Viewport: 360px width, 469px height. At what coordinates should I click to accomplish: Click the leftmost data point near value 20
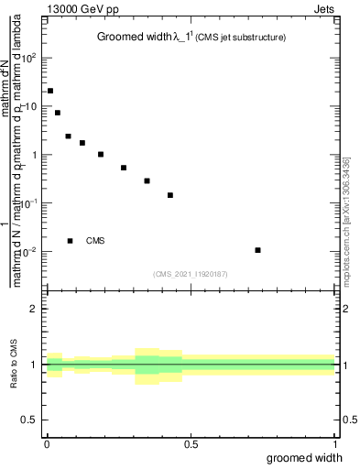pyautogui.click(x=50, y=91)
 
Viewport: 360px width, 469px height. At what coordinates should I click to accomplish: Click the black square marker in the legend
pyautogui.click(x=71, y=241)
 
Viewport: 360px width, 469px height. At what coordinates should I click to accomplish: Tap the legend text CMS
pyautogui.click(x=95, y=241)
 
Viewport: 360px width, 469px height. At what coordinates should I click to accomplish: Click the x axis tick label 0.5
pyautogui.click(x=191, y=444)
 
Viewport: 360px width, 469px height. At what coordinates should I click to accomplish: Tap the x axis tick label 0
pyautogui.click(x=47, y=444)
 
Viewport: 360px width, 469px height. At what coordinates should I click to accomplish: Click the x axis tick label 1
pyautogui.click(x=335, y=444)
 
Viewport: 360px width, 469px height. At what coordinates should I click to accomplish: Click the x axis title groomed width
pyautogui.click(x=305, y=457)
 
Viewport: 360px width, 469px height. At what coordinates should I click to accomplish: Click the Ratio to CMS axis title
pyautogui.click(x=16, y=365)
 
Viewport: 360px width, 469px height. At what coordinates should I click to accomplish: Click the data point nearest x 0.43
pyautogui.click(x=170, y=195)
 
